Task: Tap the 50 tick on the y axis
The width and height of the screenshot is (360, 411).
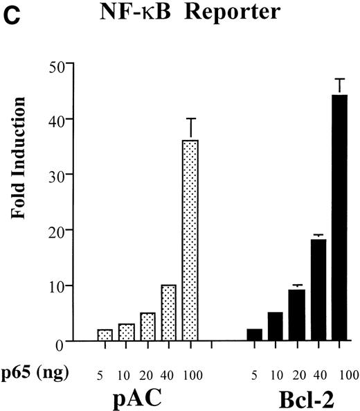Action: pyautogui.click(x=55, y=65)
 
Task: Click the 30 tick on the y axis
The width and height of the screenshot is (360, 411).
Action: pyautogui.click(x=55, y=175)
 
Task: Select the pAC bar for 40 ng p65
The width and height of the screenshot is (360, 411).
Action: pyautogui.click(x=168, y=313)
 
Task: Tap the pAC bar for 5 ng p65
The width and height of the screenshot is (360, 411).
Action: pyautogui.click(x=105, y=335)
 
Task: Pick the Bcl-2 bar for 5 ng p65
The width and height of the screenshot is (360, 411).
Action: pyautogui.click(x=255, y=335)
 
